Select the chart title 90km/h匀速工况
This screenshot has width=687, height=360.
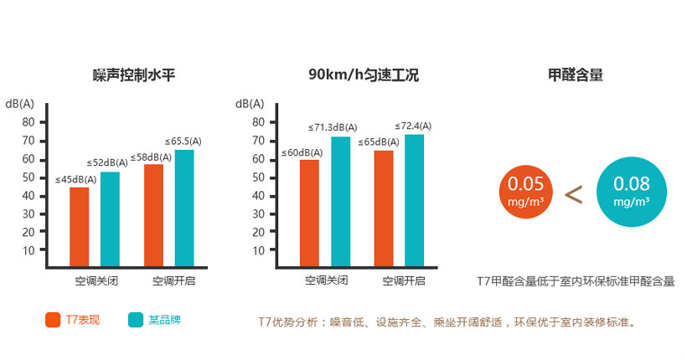pyautogui.click(x=363, y=75)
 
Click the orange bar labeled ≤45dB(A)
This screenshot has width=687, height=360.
pyautogui.click(x=80, y=227)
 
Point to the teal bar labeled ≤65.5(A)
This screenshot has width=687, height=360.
pyautogui.click(x=184, y=208)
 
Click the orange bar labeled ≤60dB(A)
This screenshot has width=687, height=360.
pyautogui.click(x=309, y=213)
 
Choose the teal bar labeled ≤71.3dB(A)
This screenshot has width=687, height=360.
pyautogui.click(x=340, y=202)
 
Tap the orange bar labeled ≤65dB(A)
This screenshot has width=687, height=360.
pyautogui.click(x=384, y=208)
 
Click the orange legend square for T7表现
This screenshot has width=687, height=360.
pyautogui.click(x=51, y=319)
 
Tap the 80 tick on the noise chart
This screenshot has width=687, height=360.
pyautogui.click(x=29, y=122)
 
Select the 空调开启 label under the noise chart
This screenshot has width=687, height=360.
pyautogui.click(x=170, y=280)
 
